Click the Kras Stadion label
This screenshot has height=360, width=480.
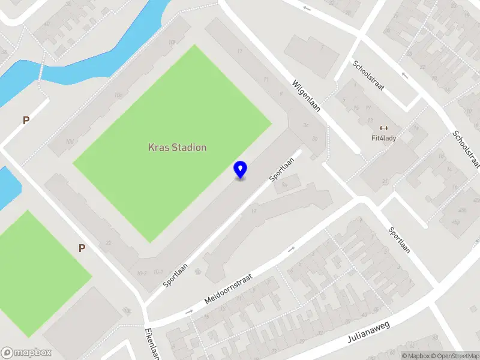[x=177, y=147]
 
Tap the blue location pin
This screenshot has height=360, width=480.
[x=240, y=170]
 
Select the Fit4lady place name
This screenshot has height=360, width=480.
[x=383, y=137]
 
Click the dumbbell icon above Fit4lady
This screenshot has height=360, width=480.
[x=383, y=127]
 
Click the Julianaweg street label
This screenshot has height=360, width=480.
[x=368, y=332]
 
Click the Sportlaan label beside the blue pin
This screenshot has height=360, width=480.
[x=284, y=170]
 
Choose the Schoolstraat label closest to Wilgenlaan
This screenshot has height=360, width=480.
[x=368, y=76]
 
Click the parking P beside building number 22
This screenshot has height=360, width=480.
[x=82, y=248]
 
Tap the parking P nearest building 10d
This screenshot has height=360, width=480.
[x=26, y=121]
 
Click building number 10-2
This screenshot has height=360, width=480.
[x=142, y=274]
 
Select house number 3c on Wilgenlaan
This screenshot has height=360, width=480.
[x=305, y=125]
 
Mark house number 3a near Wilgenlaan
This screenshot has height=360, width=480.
[x=314, y=139]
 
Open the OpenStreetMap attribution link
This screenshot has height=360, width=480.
[x=457, y=356]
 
